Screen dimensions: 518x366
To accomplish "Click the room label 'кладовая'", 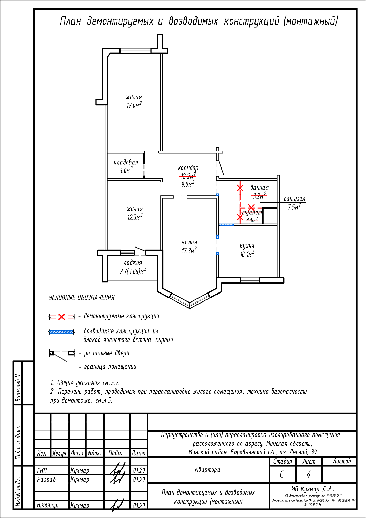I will (126, 162).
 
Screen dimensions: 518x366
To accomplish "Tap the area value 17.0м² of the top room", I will (134, 105).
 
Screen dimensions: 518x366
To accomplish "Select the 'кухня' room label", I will (247, 246).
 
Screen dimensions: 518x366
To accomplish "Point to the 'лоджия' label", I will (133, 263).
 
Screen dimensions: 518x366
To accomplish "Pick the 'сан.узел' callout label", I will (295, 199).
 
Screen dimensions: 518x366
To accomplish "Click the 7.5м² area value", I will (294, 207).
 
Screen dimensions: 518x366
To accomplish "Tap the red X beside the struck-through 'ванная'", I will (240, 188).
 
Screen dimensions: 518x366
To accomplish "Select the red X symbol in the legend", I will (62, 317).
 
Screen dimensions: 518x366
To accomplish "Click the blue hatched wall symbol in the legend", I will (61, 332).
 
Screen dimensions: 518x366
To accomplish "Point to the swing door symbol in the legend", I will (62, 353).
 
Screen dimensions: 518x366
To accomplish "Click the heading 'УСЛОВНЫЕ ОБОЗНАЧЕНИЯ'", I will (82, 298).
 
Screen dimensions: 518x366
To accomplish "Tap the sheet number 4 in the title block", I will (308, 474).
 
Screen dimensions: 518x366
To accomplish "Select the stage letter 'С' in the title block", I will (282, 474).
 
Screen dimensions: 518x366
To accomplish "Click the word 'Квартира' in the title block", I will (208, 470).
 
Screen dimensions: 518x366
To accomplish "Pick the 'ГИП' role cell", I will (42, 470).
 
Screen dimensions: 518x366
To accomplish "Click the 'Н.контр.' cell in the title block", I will (47, 505).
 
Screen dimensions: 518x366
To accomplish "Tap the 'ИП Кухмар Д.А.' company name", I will (313, 489).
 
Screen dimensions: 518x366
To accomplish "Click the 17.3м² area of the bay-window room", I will (189, 251).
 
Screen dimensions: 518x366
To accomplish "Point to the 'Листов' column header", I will (342, 461).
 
